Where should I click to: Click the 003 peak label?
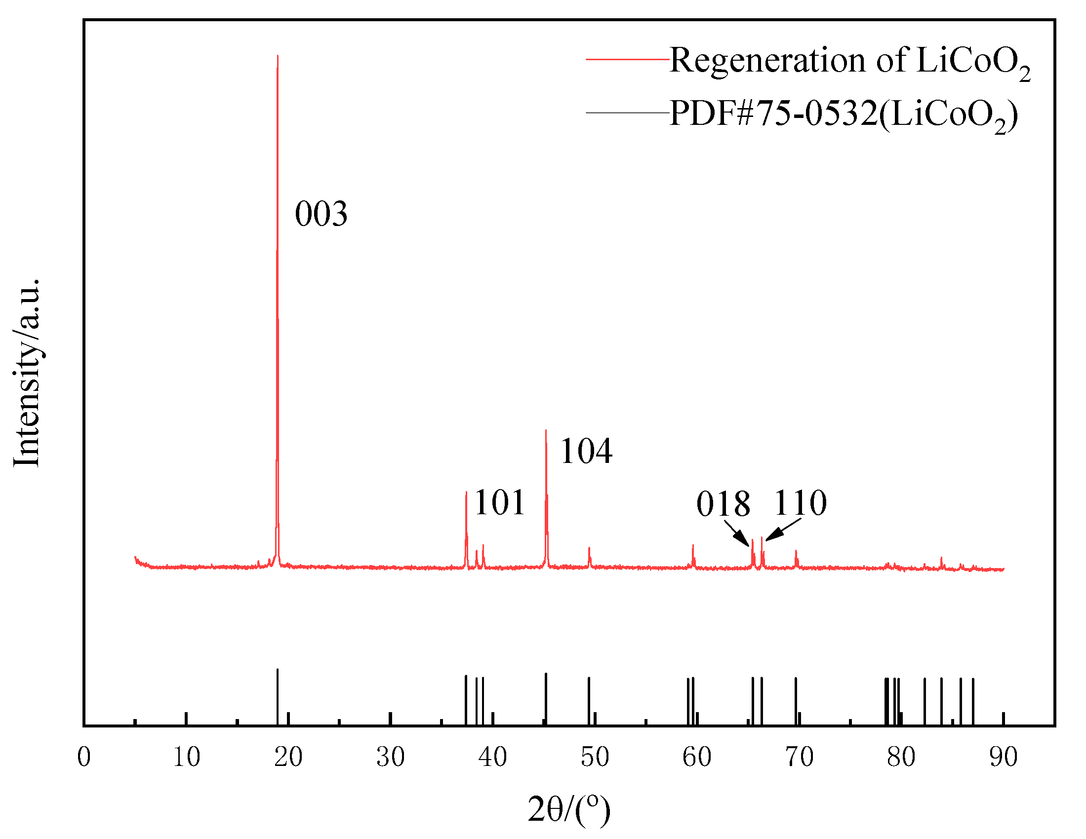click(x=321, y=214)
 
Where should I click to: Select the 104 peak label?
click(x=586, y=451)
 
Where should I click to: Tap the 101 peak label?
click(x=499, y=502)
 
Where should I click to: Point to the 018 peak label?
click(x=723, y=504)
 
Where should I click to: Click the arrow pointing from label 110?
click(x=784, y=530)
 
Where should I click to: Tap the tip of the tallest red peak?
click(x=278, y=56)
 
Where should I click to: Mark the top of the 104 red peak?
click(x=546, y=430)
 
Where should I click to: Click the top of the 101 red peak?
click(x=466, y=492)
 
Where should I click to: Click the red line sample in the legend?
click(x=628, y=59)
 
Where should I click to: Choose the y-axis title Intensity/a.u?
click(x=26, y=373)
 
